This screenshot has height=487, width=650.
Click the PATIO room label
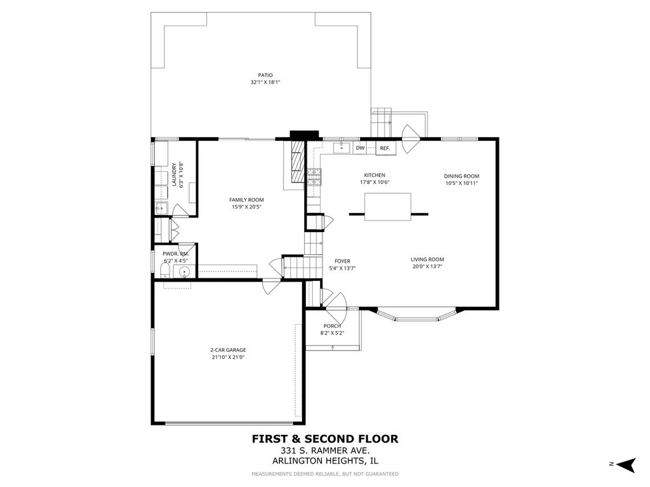(265, 75)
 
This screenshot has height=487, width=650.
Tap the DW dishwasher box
(361, 148)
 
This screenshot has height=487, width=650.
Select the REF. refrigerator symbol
(385, 148)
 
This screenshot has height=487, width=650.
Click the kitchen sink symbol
(342, 147)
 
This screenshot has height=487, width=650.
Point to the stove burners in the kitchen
(314, 177)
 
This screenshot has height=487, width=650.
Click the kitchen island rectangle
(388, 207)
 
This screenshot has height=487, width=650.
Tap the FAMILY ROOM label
(247, 200)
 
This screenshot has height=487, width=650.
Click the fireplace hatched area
(296, 161)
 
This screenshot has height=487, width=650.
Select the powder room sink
(184, 272)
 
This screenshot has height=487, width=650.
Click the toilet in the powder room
(165, 271)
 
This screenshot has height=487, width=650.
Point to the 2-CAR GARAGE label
(228, 350)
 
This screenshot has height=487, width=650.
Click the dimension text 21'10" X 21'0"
(228, 358)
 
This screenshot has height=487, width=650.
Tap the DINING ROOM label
(461, 176)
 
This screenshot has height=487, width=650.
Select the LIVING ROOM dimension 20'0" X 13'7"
(427, 267)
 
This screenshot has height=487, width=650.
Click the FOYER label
(342, 261)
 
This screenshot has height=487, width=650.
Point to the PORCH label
(332, 326)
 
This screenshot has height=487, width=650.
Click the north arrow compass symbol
(626, 465)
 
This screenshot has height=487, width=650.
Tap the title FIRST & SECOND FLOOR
(325, 439)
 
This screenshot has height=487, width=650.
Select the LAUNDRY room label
(174, 175)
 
